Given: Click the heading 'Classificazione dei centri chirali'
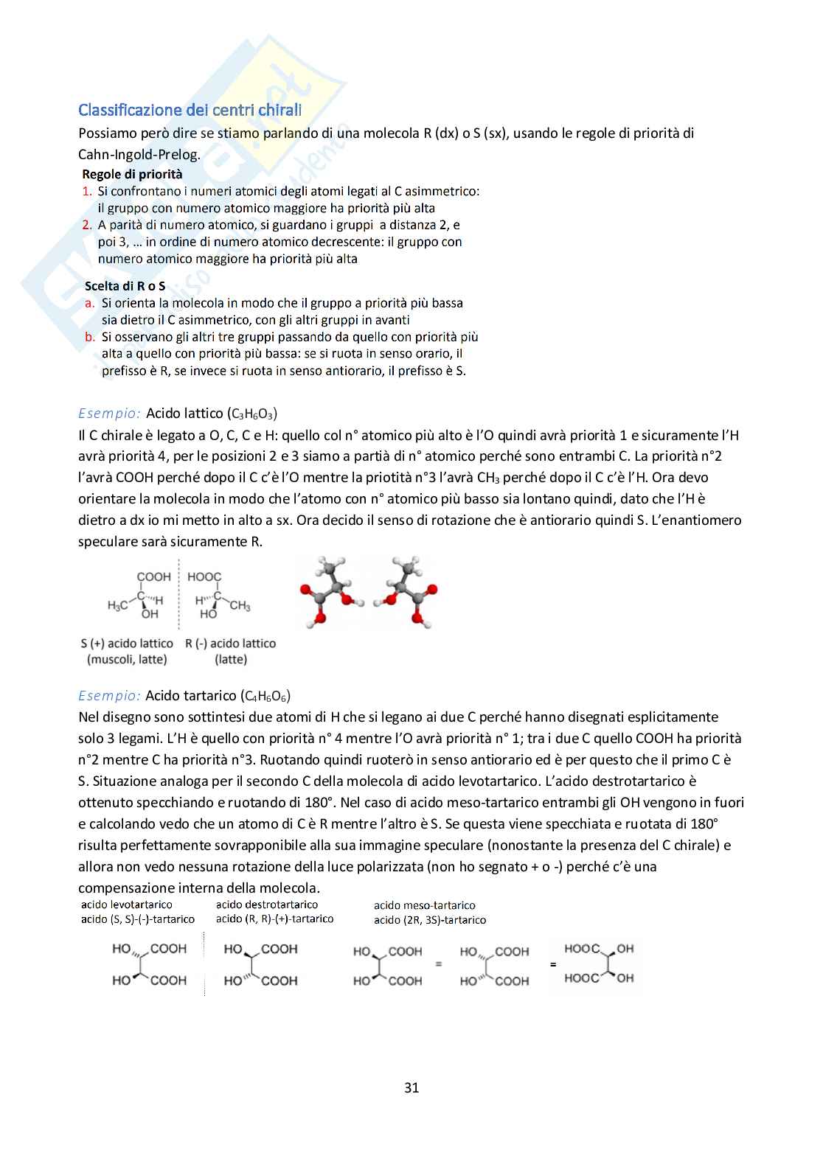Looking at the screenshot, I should pyautogui.click(x=190, y=110).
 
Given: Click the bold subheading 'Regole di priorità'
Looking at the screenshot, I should pyautogui.click(x=132, y=175).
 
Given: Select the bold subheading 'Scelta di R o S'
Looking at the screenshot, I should pyautogui.click(x=125, y=286).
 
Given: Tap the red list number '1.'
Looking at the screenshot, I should pyautogui.click(x=87, y=192).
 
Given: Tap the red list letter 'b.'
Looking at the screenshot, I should pyautogui.click(x=90, y=337).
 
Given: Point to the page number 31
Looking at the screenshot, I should pyautogui.click(x=411, y=1087).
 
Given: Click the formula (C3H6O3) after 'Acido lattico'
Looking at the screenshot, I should pyautogui.click(x=252, y=414).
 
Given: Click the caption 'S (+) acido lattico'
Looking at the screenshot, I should pyautogui.click(x=127, y=644).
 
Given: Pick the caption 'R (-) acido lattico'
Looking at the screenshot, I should pyautogui.click(x=231, y=644).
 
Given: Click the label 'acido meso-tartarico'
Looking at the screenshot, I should pyautogui.click(x=424, y=905).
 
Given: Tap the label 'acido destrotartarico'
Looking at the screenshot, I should pyautogui.click(x=267, y=905).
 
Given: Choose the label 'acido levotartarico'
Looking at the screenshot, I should pyautogui.click(x=127, y=905).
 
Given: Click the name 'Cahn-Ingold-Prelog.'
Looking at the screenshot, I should pyautogui.click(x=139, y=154).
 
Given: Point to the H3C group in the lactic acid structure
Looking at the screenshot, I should pyautogui.click(x=117, y=606).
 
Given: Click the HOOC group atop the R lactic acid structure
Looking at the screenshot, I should pyautogui.click(x=204, y=576).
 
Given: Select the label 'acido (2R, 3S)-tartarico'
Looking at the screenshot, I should pyautogui.click(x=430, y=920).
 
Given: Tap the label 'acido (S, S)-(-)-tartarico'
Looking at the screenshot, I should pyautogui.click(x=138, y=919).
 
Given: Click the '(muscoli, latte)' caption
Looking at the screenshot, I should pyautogui.click(x=127, y=659).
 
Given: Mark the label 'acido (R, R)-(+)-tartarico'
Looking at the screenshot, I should pyautogui.click(x=274, y=919).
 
